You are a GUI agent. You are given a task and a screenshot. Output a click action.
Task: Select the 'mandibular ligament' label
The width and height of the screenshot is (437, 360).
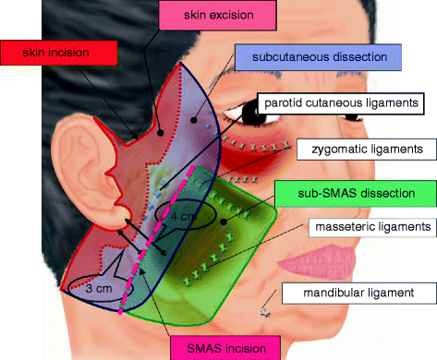click(x=360, y=294)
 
